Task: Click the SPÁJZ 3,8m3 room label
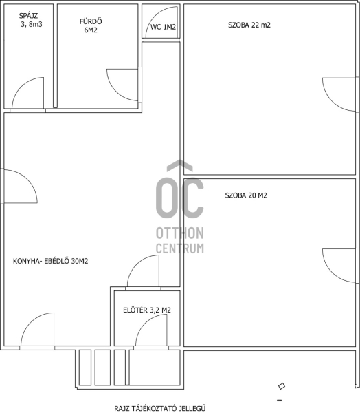tap(30, 20)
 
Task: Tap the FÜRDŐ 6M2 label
tap(91, 25)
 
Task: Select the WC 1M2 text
tap(163, 27)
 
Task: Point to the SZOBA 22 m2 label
tap(249, 25)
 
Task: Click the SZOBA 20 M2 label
tap(246, 195)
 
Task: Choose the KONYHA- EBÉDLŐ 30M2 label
tap(50, 261)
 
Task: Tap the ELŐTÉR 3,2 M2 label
tap(147, 310)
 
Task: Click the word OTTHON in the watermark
tap(180, 233)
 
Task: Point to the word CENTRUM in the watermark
tap(180, 248)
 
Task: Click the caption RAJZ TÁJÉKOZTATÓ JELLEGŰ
tap(160, 408)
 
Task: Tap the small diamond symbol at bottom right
tap(282, 386)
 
